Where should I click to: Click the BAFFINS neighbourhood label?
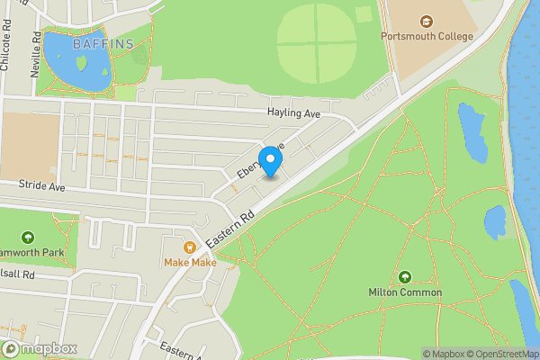[103, 43]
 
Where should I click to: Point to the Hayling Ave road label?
[293, 114]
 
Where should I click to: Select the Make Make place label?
[190, 263]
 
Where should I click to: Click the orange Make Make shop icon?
[190, 247]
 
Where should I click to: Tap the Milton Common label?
[405, 292]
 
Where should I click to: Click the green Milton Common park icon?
[405, 277]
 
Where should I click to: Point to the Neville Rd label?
[37, 55]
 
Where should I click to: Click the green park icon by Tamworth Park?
[28, 238]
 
